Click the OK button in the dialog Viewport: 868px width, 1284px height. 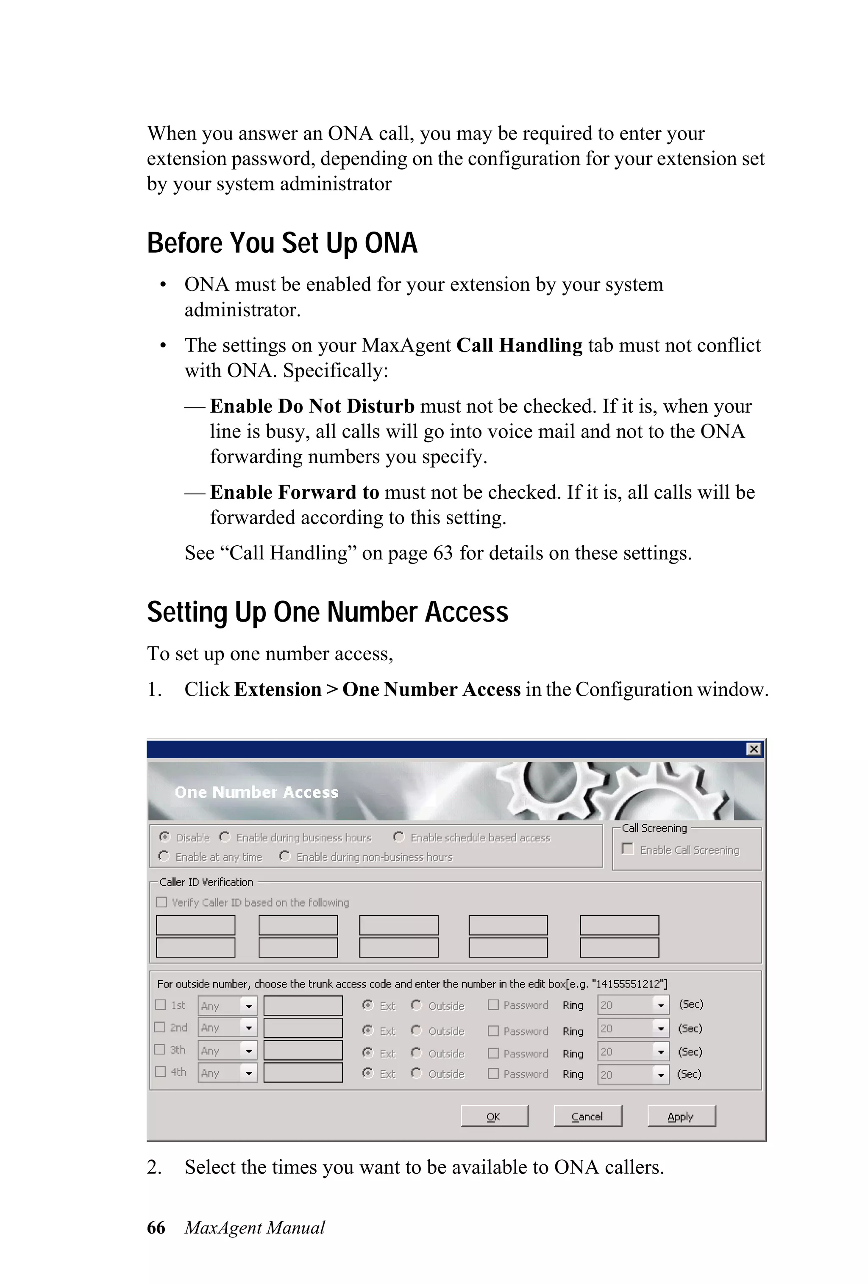494,1116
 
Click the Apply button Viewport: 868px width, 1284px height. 681,1116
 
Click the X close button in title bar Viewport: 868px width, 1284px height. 754,748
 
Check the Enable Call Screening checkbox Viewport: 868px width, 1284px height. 627,849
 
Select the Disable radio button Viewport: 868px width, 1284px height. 164,837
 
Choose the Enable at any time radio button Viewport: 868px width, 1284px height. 164,856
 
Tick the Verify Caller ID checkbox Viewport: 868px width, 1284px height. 161,902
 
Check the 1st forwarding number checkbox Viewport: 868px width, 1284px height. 161,1005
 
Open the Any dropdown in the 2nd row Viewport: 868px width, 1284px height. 248,1027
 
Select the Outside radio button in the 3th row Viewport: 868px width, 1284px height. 416,1052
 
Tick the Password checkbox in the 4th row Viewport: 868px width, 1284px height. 493,1073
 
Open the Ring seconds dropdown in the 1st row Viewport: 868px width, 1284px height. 660,1005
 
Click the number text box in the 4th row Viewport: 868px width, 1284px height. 303,1073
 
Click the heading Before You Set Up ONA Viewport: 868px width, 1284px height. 281,243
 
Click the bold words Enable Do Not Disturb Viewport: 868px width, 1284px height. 312,406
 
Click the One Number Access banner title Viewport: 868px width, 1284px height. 256,792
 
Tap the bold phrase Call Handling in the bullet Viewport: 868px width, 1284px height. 519,345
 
